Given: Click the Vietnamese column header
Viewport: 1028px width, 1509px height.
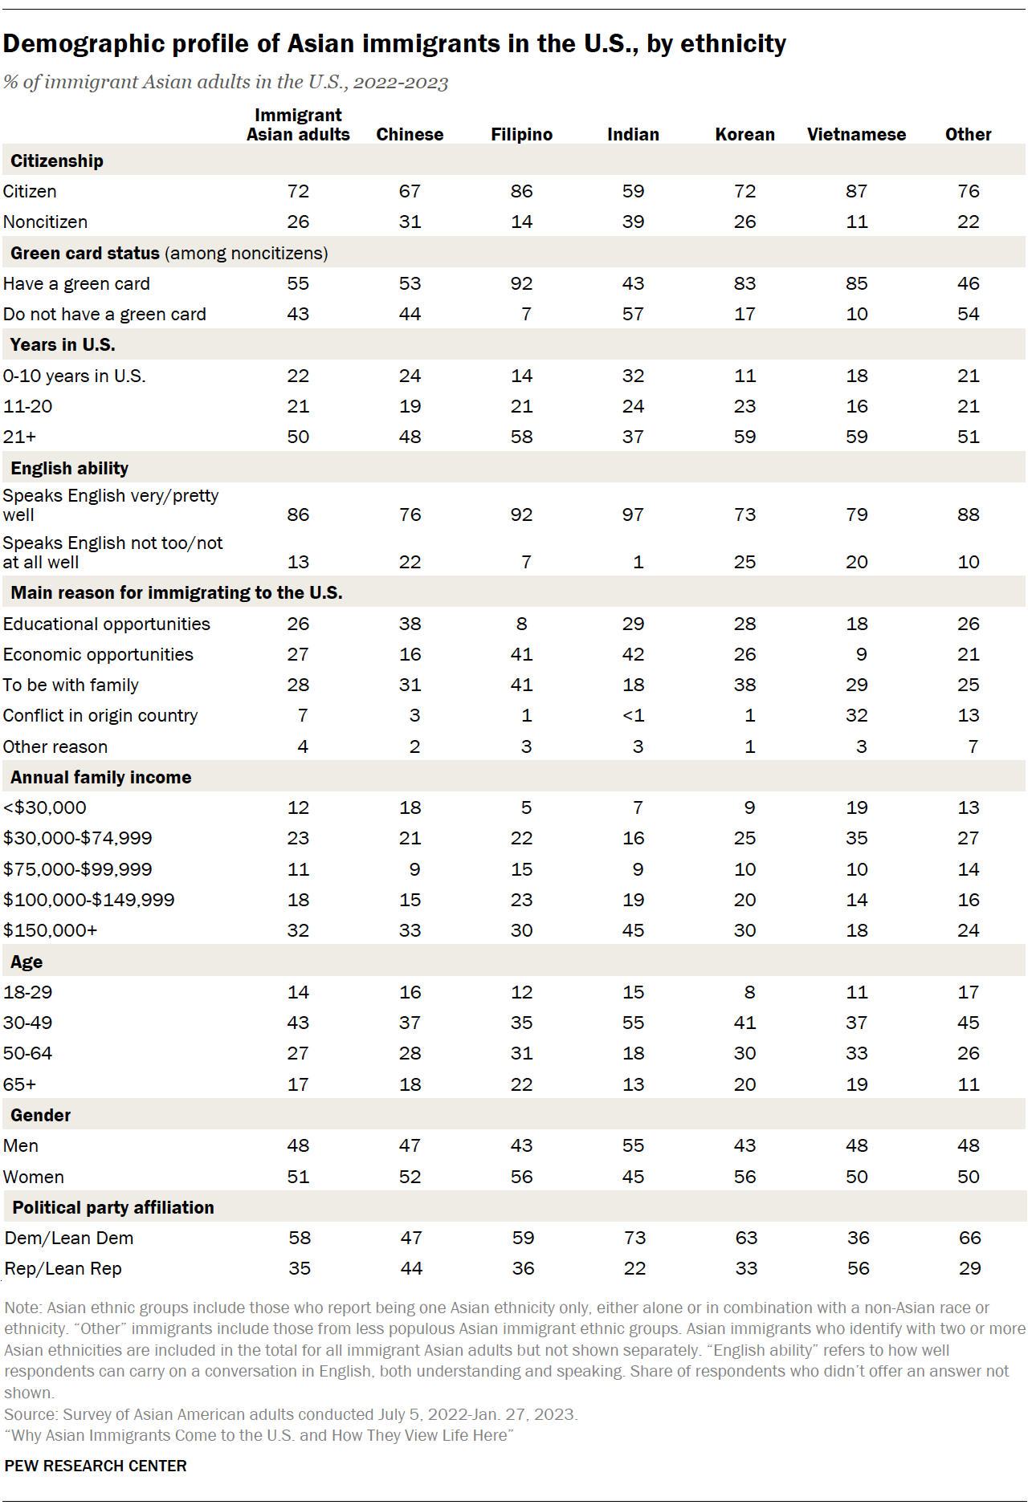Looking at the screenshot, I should point(856,135).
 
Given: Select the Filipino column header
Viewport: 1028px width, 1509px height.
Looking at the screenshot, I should point(521,135).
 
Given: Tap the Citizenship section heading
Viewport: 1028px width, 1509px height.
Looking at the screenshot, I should point(57,161).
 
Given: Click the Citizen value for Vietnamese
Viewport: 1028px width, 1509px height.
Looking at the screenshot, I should point(856,191).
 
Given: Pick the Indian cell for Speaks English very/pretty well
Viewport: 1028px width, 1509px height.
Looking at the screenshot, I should point(633,515).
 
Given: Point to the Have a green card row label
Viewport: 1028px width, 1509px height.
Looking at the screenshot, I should point(76,283).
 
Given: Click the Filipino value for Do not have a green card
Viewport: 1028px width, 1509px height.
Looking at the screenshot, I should point(526,314).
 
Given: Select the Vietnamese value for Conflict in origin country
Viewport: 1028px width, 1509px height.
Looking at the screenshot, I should point(856,715).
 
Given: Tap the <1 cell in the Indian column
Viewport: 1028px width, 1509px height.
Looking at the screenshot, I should point(633,715).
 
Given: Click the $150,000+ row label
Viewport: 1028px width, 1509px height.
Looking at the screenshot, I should point(50,930).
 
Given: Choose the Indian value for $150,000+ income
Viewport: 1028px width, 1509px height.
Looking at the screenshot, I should point(633,930).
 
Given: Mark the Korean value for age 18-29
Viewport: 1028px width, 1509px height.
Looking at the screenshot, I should point(749,992).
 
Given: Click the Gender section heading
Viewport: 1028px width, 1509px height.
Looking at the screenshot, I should point(41,1115).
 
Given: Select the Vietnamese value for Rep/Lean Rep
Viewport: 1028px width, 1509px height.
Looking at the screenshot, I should point(858,1268).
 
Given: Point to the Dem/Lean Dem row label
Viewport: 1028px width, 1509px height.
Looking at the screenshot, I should point(69,1238).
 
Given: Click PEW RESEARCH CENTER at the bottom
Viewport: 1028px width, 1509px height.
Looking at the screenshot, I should point(96,1466).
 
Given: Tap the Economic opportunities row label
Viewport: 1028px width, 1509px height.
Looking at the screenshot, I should point(98,654).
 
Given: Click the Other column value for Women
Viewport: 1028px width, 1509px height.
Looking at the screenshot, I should point(968,1177).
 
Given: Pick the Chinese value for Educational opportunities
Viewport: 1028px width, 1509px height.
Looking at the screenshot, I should point(410,624).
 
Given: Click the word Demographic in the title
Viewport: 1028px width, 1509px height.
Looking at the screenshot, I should point(84,43).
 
